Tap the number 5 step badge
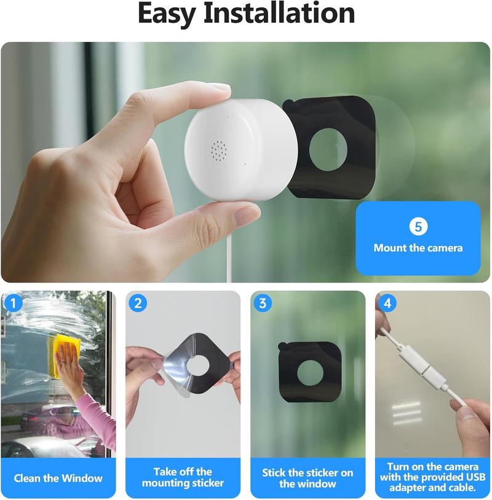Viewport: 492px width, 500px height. (x=418, y=227)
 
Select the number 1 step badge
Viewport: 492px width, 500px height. (x=13, y=302)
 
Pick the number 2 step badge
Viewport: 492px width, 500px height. (x=138, y=302)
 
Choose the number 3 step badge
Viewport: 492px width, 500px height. (x=263, y=302)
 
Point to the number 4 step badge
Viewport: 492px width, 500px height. (x=387, y=302)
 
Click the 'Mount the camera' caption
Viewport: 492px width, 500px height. (x=418, y=248)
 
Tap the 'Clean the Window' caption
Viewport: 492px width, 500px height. (x=58, y=478)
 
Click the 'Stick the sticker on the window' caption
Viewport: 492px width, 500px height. (x=307, y=478)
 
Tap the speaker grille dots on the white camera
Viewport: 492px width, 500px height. (x=219, y=148)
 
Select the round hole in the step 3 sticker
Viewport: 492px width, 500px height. (x=311, y=372)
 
